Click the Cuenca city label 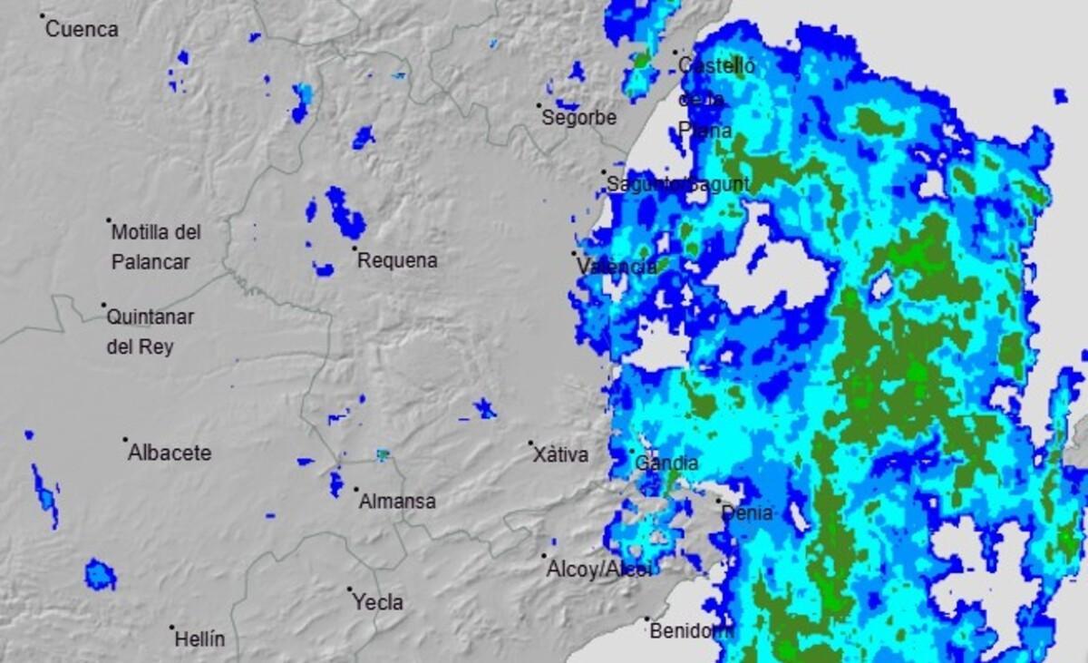coord(82,29)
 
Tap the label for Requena coord(397,260)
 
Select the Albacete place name coord(170,453)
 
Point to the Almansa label coord(397,501)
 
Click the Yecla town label coord(378,602)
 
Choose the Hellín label coord(199,639)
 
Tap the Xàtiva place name coord(560,455)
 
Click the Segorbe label coord(579,118)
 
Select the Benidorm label coord(689,631)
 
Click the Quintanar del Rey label coord(151,332)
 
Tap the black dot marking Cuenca coord(42,15)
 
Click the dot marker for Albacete coord(125,440)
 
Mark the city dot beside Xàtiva coord(531,443)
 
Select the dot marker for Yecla coord(349,589)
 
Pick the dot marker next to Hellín coord(171,627)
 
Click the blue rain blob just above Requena coord(345,214)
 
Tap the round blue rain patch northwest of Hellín coord(100,575)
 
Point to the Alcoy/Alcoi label coord(598,570)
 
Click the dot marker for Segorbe coord(539,105)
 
